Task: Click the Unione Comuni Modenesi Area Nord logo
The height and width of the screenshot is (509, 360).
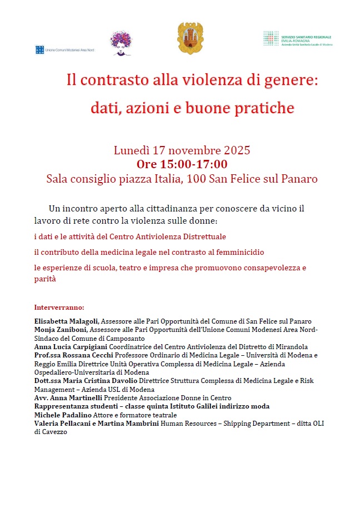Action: (64, 50)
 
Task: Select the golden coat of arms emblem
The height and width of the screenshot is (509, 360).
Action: (186, 38)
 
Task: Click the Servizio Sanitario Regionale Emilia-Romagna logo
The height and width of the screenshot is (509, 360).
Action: (297, 38)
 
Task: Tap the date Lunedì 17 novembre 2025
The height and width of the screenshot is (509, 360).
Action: (182, 150)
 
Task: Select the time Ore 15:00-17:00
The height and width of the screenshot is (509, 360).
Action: (182, 164)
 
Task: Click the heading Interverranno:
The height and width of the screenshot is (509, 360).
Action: (59, 306)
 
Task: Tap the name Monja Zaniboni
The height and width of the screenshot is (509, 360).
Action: (61, 329)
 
